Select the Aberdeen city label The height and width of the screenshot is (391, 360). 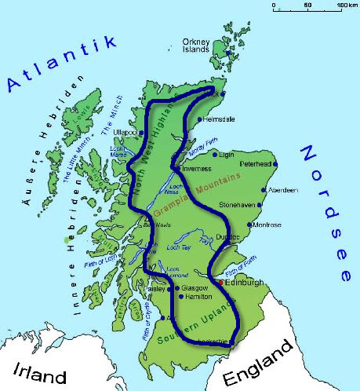click(283, 191)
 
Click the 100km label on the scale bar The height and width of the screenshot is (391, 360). click(347, 5)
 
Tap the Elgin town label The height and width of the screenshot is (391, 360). click(228, 155)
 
